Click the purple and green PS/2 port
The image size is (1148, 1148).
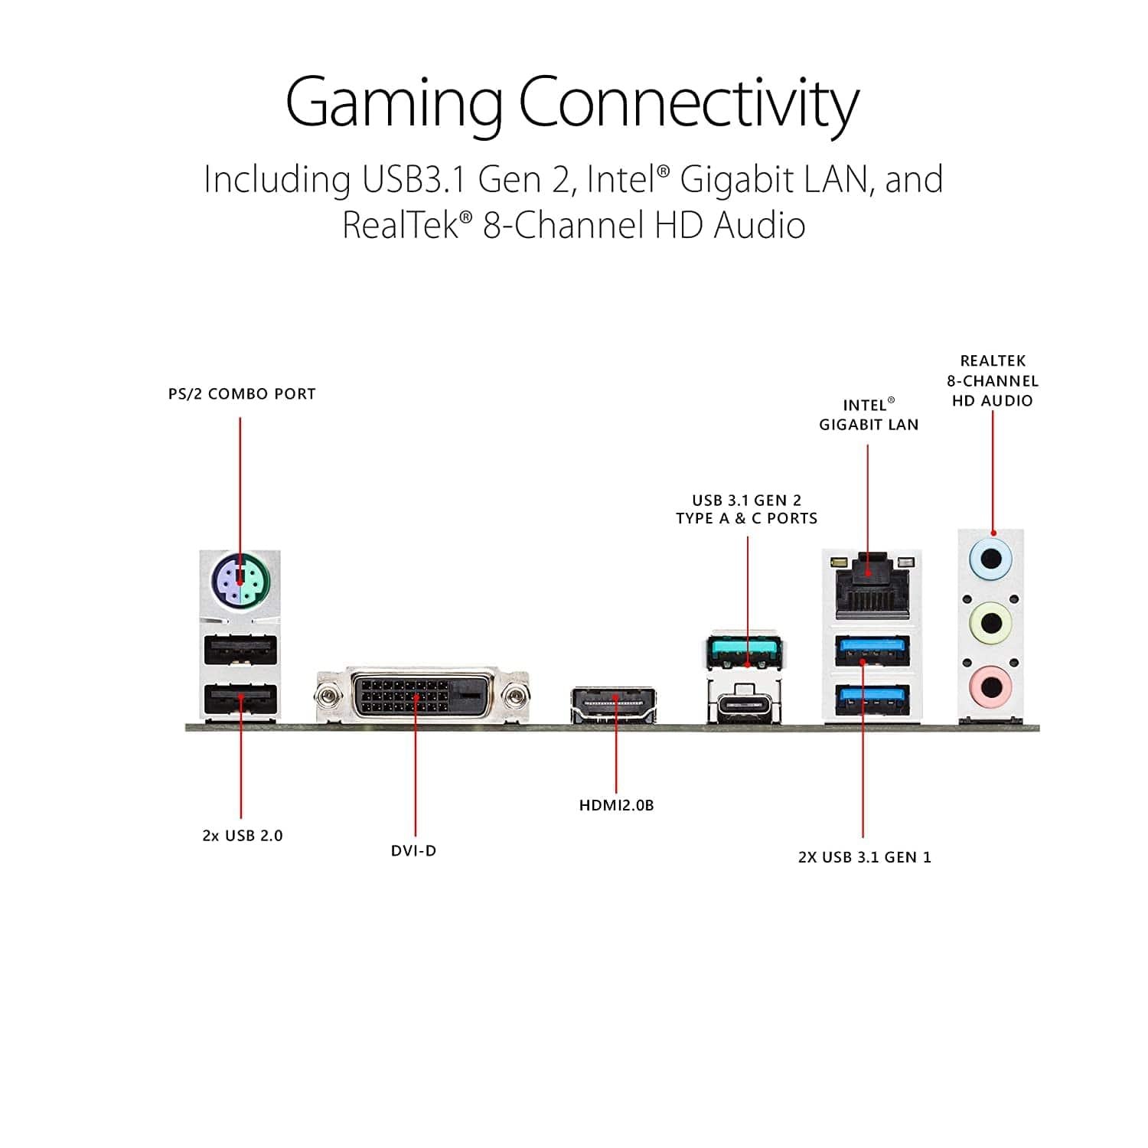click(x=240, y=582)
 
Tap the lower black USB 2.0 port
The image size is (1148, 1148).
click(x=240, y=698)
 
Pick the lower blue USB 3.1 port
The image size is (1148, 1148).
click(x=872, y=698)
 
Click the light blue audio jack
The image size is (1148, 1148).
click(x=991, y=559)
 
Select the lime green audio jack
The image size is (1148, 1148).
click(x=991, y=621)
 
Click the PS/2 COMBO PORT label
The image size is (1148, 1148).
click(x=242, y=394)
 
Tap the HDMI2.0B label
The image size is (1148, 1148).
click(x=616, y=805)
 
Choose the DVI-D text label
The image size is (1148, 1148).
click(x=413, y=851)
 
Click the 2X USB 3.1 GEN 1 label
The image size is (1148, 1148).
click(x=865, y=857)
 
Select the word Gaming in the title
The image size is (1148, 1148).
click(x=393, y=103)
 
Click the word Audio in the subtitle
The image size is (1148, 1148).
click(x=759, y=226)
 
